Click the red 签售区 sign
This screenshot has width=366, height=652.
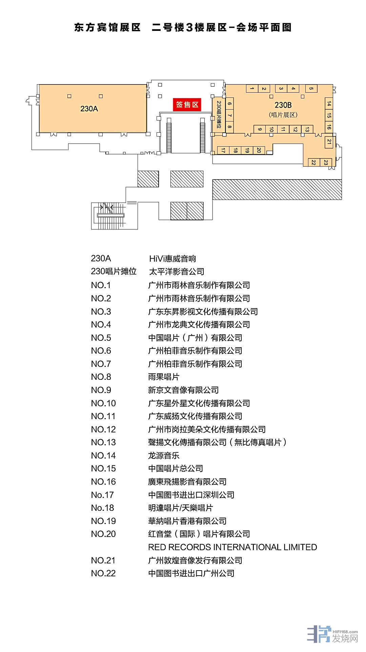(x=187, y=105)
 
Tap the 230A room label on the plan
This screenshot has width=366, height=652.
(x=89, y=109)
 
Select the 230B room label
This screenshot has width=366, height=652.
(x=283, y=105)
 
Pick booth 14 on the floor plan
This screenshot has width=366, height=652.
(x=328, y=104)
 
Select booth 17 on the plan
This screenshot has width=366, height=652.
(x=223, y=150)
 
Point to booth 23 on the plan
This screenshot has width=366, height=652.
(x=326, y=163)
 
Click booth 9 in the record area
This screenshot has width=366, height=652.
(x=260, y=129)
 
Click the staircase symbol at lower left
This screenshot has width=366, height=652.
(x=111, y=215)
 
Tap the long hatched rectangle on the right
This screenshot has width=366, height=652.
(x=277, y=189)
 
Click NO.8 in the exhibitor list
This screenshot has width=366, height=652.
(x=101, y=377)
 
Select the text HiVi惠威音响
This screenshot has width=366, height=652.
(x=172, y=259)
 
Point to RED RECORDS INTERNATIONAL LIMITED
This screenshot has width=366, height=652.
(x=232, y=547)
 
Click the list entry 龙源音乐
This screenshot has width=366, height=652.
(x=164, y=455)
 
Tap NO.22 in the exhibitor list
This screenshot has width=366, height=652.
(x=103, y=574)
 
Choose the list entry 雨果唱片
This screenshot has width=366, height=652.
(x=164, y=377)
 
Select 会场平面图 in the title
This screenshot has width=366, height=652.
(x=263, y=27)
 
